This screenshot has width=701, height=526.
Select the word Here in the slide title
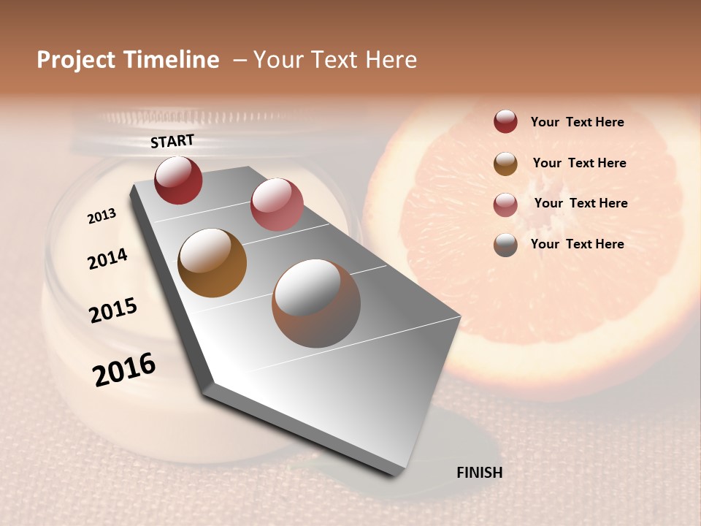391,61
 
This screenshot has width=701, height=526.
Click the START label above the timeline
172,141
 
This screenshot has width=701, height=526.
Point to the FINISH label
480,473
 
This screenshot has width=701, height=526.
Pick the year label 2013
102,216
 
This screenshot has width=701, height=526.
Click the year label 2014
108,259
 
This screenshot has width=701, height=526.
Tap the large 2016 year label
124,369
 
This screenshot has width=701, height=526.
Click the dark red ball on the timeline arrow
178,180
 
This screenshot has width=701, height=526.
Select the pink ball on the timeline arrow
277,205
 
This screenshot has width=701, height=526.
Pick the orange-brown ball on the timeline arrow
212,263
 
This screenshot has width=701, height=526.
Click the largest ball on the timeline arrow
316,303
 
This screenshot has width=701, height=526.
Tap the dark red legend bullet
505,122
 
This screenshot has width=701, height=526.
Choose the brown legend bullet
505,164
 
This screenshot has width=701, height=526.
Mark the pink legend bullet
505,205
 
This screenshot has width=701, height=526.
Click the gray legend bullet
505,245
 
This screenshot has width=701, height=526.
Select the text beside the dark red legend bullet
578,123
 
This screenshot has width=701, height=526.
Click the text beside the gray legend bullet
578,244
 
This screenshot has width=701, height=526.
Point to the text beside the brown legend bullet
580,163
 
